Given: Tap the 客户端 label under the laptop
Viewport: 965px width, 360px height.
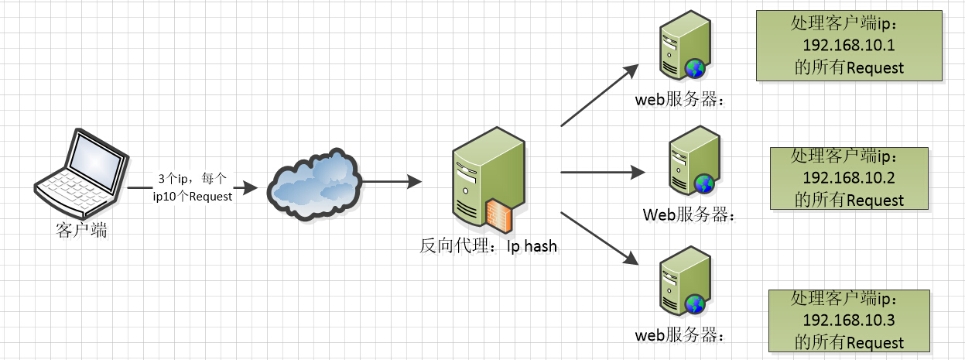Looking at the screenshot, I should click(x=82, y=231).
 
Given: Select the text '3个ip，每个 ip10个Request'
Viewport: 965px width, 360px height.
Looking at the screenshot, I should click(x=192, y=187).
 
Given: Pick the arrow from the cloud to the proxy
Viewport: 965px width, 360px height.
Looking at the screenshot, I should click(x=391, y=182).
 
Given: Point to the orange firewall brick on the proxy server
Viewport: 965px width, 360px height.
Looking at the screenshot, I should click(x=499, y=214).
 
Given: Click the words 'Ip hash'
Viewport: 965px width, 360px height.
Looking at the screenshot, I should click(x=532, y=247).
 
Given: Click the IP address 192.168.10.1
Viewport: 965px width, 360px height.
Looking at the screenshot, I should click(x=848, y=45).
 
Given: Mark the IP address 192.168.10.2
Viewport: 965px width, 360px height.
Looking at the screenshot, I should click(x=848, y=178).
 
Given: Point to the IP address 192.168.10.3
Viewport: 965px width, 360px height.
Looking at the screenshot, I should click(x=848, y=321).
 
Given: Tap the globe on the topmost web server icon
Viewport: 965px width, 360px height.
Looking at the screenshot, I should click(x=695, y=69).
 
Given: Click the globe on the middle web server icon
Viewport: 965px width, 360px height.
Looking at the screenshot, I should click(x=703, y=184).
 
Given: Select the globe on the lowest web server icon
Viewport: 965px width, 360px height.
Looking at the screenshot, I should click(x=695, y=305).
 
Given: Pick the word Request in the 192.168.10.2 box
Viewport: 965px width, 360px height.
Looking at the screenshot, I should click(x=874, y=201).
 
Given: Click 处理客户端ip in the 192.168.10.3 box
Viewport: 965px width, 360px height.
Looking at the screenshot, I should click(x=848, y=299).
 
